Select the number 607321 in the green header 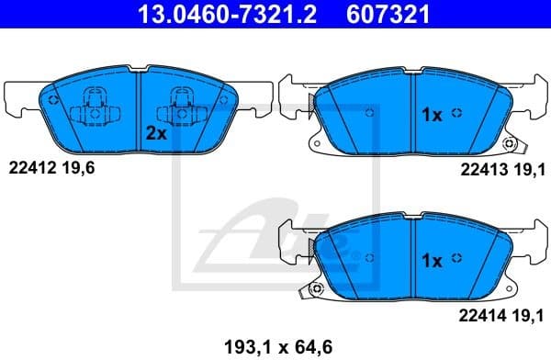click(385, 14)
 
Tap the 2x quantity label click(155, 132)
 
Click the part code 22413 click(479, 168)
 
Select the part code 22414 click(479, 315)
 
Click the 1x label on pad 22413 click(432, 115)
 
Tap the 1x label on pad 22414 click(432, 261)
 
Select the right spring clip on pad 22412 click(177, 111)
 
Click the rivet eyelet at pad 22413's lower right click(514, 147)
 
